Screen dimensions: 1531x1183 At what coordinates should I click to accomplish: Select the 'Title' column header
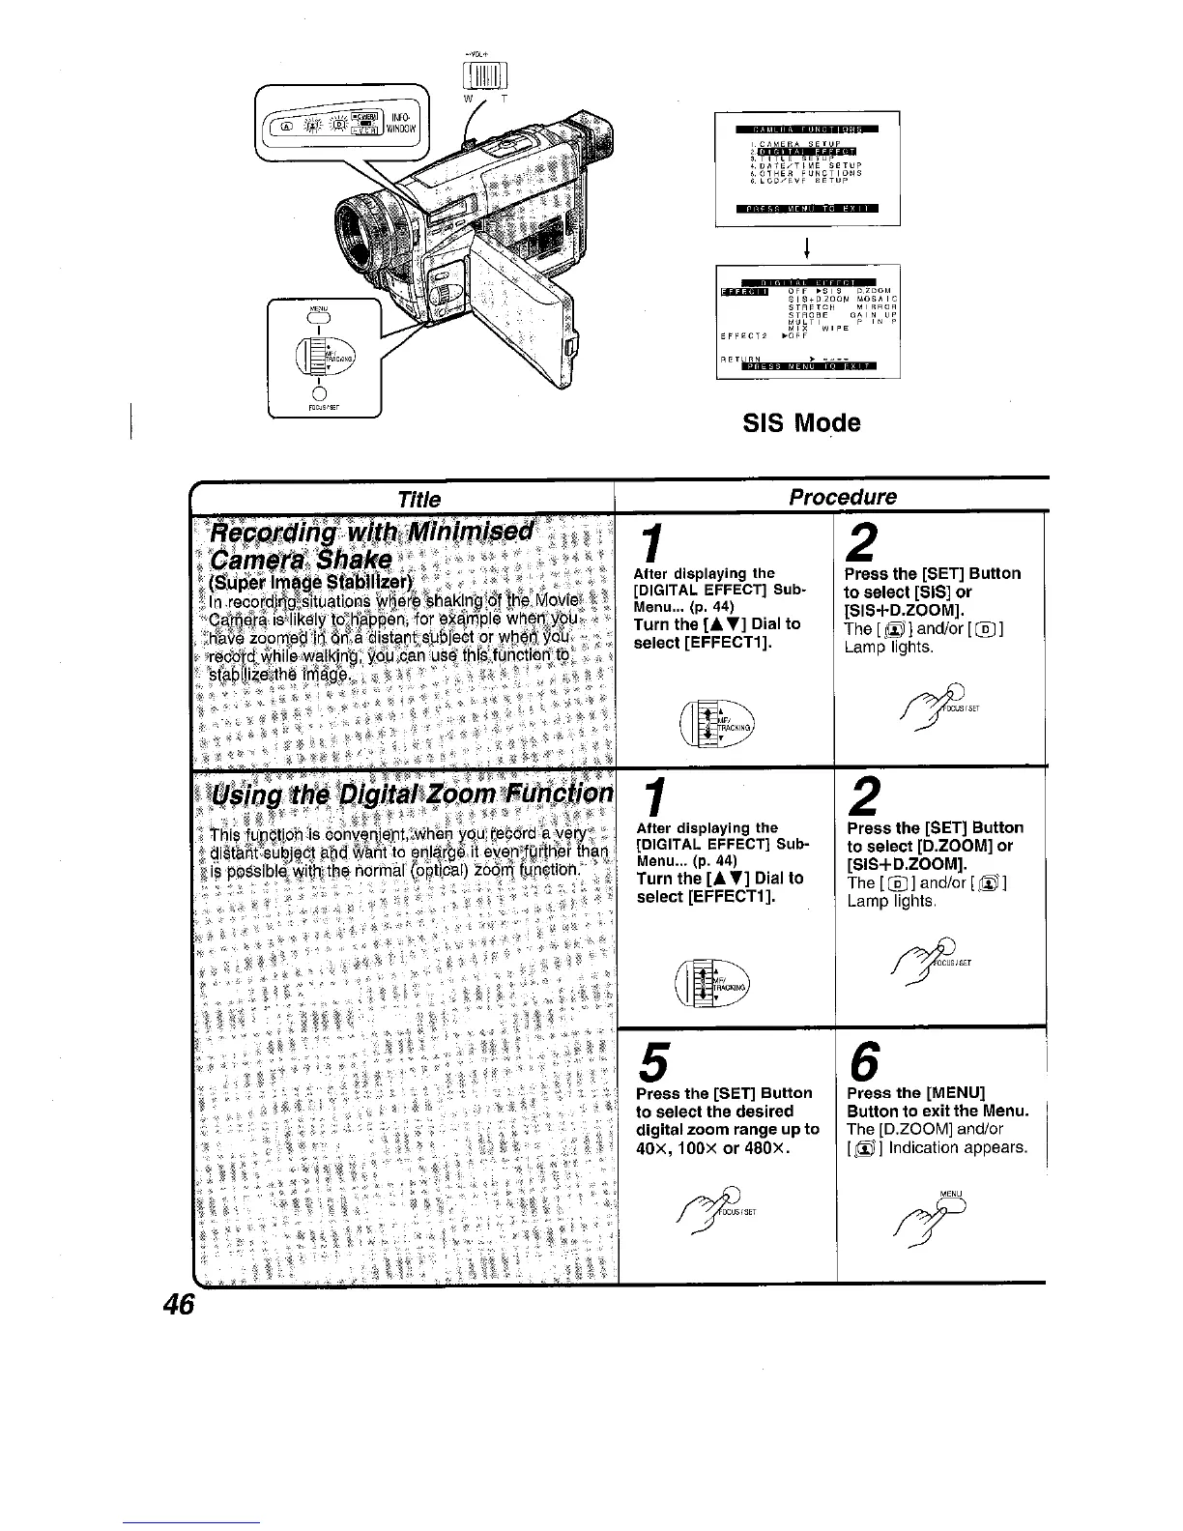[x=419, y=499]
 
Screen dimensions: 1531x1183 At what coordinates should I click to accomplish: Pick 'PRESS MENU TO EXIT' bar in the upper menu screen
[x=805, y=208]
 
